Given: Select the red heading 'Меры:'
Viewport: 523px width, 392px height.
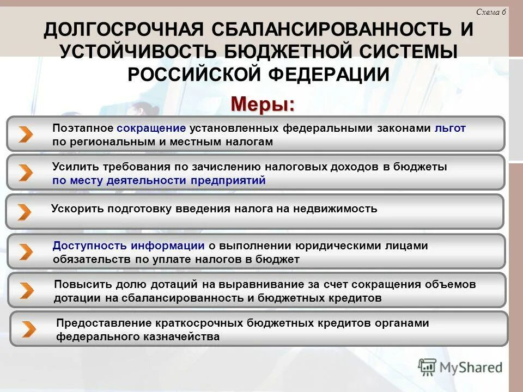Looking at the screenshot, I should point(263,103).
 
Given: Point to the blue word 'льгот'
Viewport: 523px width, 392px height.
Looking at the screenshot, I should point(450,128).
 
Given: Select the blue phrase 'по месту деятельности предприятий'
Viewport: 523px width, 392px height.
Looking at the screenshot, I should point(159,181).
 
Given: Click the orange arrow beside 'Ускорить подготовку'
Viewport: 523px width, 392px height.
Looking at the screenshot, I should point(24,212).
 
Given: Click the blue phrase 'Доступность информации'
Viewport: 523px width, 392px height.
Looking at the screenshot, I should point(129,246).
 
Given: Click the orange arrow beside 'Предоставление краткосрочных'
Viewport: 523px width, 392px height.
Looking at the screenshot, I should point(28,329).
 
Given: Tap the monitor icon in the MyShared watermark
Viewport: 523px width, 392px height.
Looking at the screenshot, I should point(428,367).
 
